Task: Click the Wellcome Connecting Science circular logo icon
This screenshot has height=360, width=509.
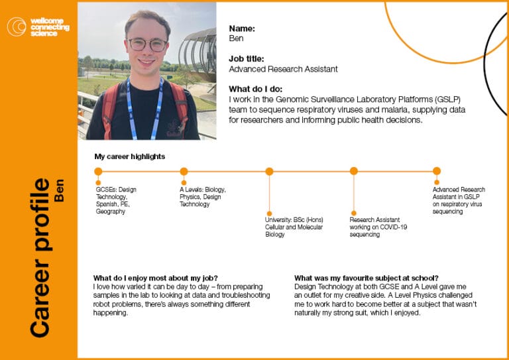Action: point(17,27)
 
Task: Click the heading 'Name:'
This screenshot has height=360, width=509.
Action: point(242,29)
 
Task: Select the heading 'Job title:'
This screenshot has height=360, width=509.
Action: point(247,59)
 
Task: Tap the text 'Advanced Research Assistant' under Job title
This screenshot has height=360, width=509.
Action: point(283,69)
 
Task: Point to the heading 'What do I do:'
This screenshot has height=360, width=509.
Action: point(255,89)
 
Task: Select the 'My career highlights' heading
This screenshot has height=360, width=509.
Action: point(130,156)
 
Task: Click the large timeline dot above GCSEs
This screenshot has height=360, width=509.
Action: point(98,172)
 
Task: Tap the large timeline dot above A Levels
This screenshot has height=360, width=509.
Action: point(184,172)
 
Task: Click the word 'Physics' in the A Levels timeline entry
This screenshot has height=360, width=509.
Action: point(190,197)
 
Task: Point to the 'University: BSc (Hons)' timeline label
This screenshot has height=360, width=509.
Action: point(294,219)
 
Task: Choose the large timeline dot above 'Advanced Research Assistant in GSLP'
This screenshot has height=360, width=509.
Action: point(437,171)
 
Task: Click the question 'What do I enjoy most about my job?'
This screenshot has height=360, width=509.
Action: point(156,278)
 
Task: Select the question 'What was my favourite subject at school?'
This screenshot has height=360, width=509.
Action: point(367,278)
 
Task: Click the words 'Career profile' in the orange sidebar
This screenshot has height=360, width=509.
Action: point(41,257)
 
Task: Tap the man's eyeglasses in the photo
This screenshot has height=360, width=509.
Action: point(147,44)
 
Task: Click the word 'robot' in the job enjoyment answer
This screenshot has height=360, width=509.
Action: point(101,304)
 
